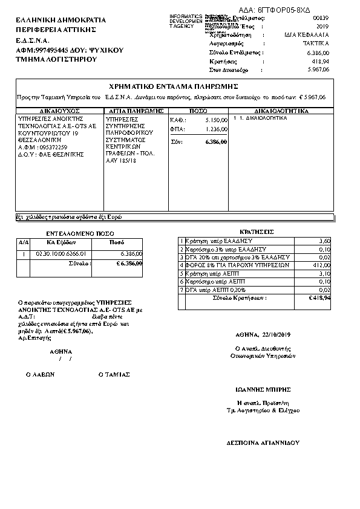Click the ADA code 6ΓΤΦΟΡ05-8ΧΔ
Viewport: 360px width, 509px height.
pyautogui.click(x=292, y=10)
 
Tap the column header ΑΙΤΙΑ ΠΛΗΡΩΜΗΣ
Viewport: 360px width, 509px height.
pyautogui.click(x=135, y=111)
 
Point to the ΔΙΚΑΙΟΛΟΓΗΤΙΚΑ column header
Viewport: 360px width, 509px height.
pyautogui.click(x=281, y=111)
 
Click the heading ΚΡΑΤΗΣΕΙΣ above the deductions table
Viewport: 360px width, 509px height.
pyautogui.click(x=257, y=232)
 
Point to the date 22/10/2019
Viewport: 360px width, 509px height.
pyautogui.click(x=277, y=334)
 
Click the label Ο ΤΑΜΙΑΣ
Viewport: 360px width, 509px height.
pyautogui.click(x=114, y=374)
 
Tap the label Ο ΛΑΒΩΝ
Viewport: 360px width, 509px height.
pyautogui.click(x=41, y=374)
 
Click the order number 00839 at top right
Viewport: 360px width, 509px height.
pyautogui.click(x=321, y=19)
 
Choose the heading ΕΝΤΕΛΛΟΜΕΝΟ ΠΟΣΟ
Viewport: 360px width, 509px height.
pyautogui.click(x=80, y=233)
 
